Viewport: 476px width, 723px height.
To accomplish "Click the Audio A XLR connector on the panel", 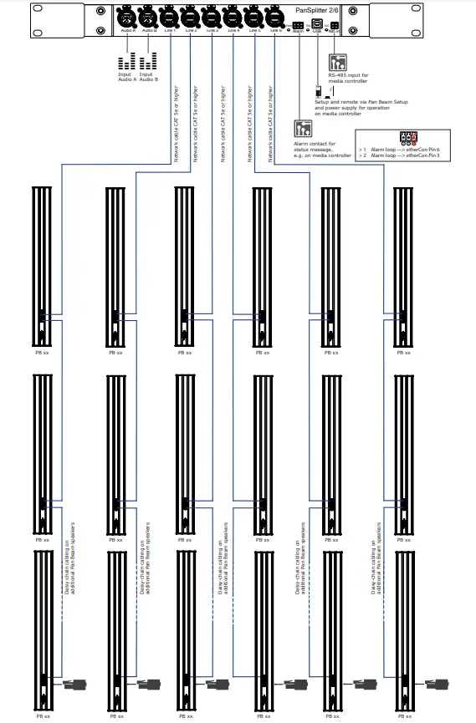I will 127,18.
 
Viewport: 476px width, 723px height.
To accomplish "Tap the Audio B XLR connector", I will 148,18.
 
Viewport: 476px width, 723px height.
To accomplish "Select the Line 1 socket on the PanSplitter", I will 170,18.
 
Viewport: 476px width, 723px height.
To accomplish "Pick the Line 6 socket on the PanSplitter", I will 274,18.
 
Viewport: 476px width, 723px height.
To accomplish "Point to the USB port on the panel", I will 316,25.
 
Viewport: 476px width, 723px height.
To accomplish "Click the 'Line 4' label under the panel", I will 233,31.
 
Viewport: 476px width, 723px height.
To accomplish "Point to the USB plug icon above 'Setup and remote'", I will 318,92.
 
